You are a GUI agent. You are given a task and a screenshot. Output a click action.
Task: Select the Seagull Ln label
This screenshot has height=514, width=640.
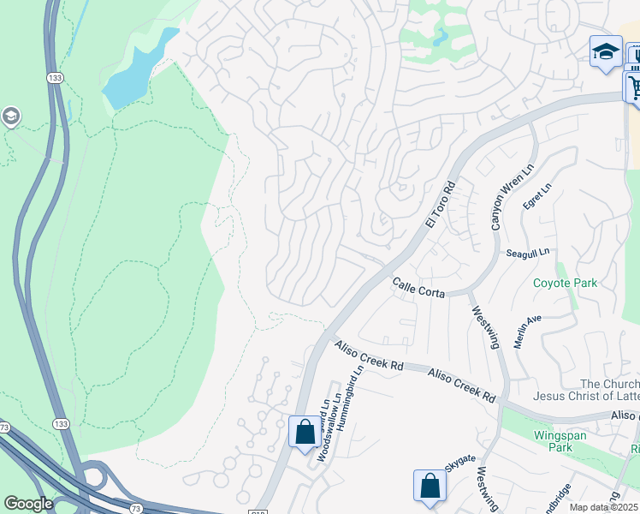coord(527,253)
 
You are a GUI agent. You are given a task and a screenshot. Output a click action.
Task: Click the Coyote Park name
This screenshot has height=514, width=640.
coord(565,283)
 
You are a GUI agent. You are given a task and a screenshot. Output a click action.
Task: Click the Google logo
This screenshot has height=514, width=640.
coord(28,504)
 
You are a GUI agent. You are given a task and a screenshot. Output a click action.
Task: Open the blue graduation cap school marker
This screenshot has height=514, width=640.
coord(606,51)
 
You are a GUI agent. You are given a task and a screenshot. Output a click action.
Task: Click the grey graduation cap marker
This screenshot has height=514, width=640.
coord(10,117)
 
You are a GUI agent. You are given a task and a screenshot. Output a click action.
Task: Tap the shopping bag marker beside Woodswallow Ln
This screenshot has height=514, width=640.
coord(305,432)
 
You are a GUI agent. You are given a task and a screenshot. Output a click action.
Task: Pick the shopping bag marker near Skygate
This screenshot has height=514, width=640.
coord(430,485)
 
